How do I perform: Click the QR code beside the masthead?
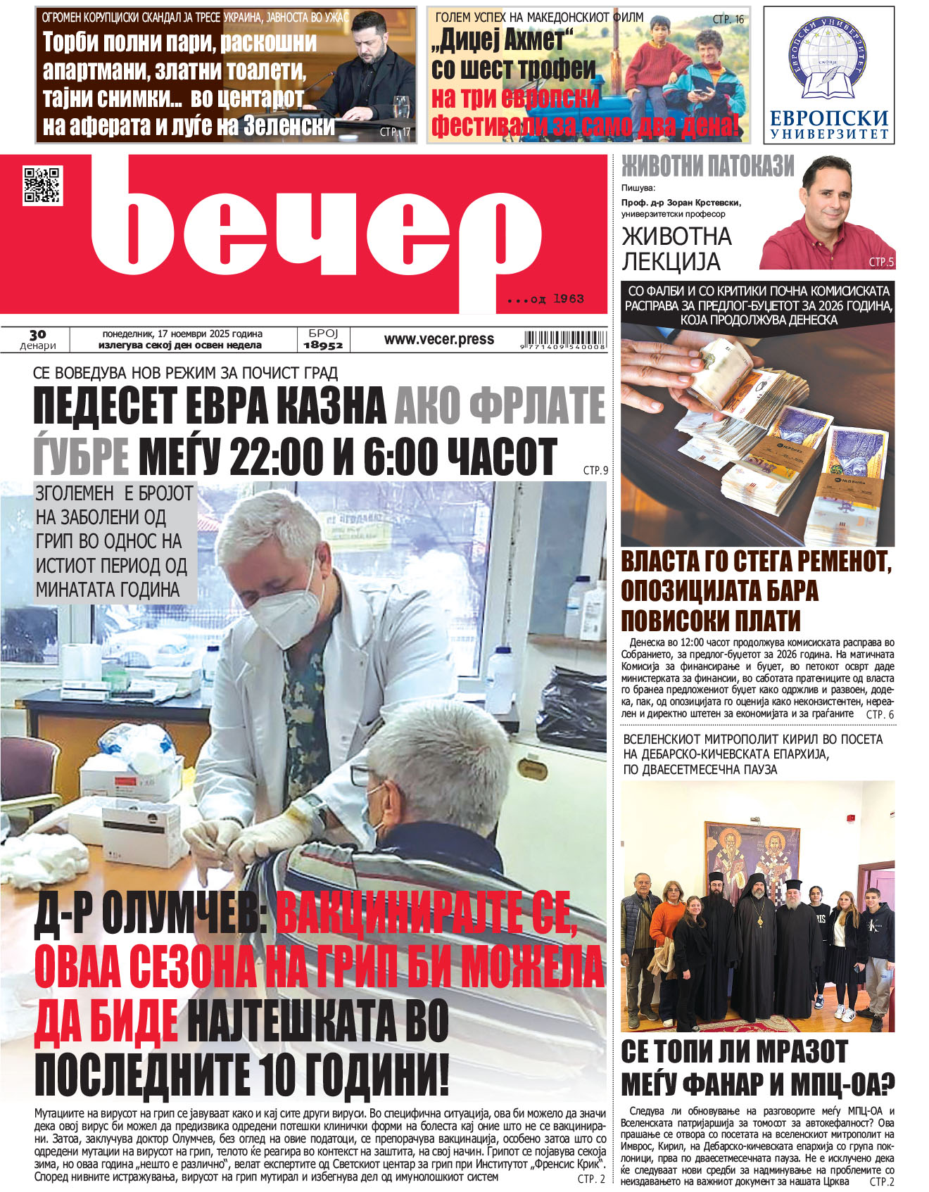click(x=42, y=186)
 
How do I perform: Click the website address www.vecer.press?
click(x=438, y=339)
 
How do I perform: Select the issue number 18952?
click(x=323, y=345)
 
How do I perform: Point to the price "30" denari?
click(x=38, y=335)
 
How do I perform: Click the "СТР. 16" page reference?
click(x=728, y=20)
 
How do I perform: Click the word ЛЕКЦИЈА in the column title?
click(x=671, y=262)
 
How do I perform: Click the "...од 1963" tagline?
click(x=545, y=299)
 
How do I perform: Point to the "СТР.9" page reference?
click(x=595, y=470)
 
